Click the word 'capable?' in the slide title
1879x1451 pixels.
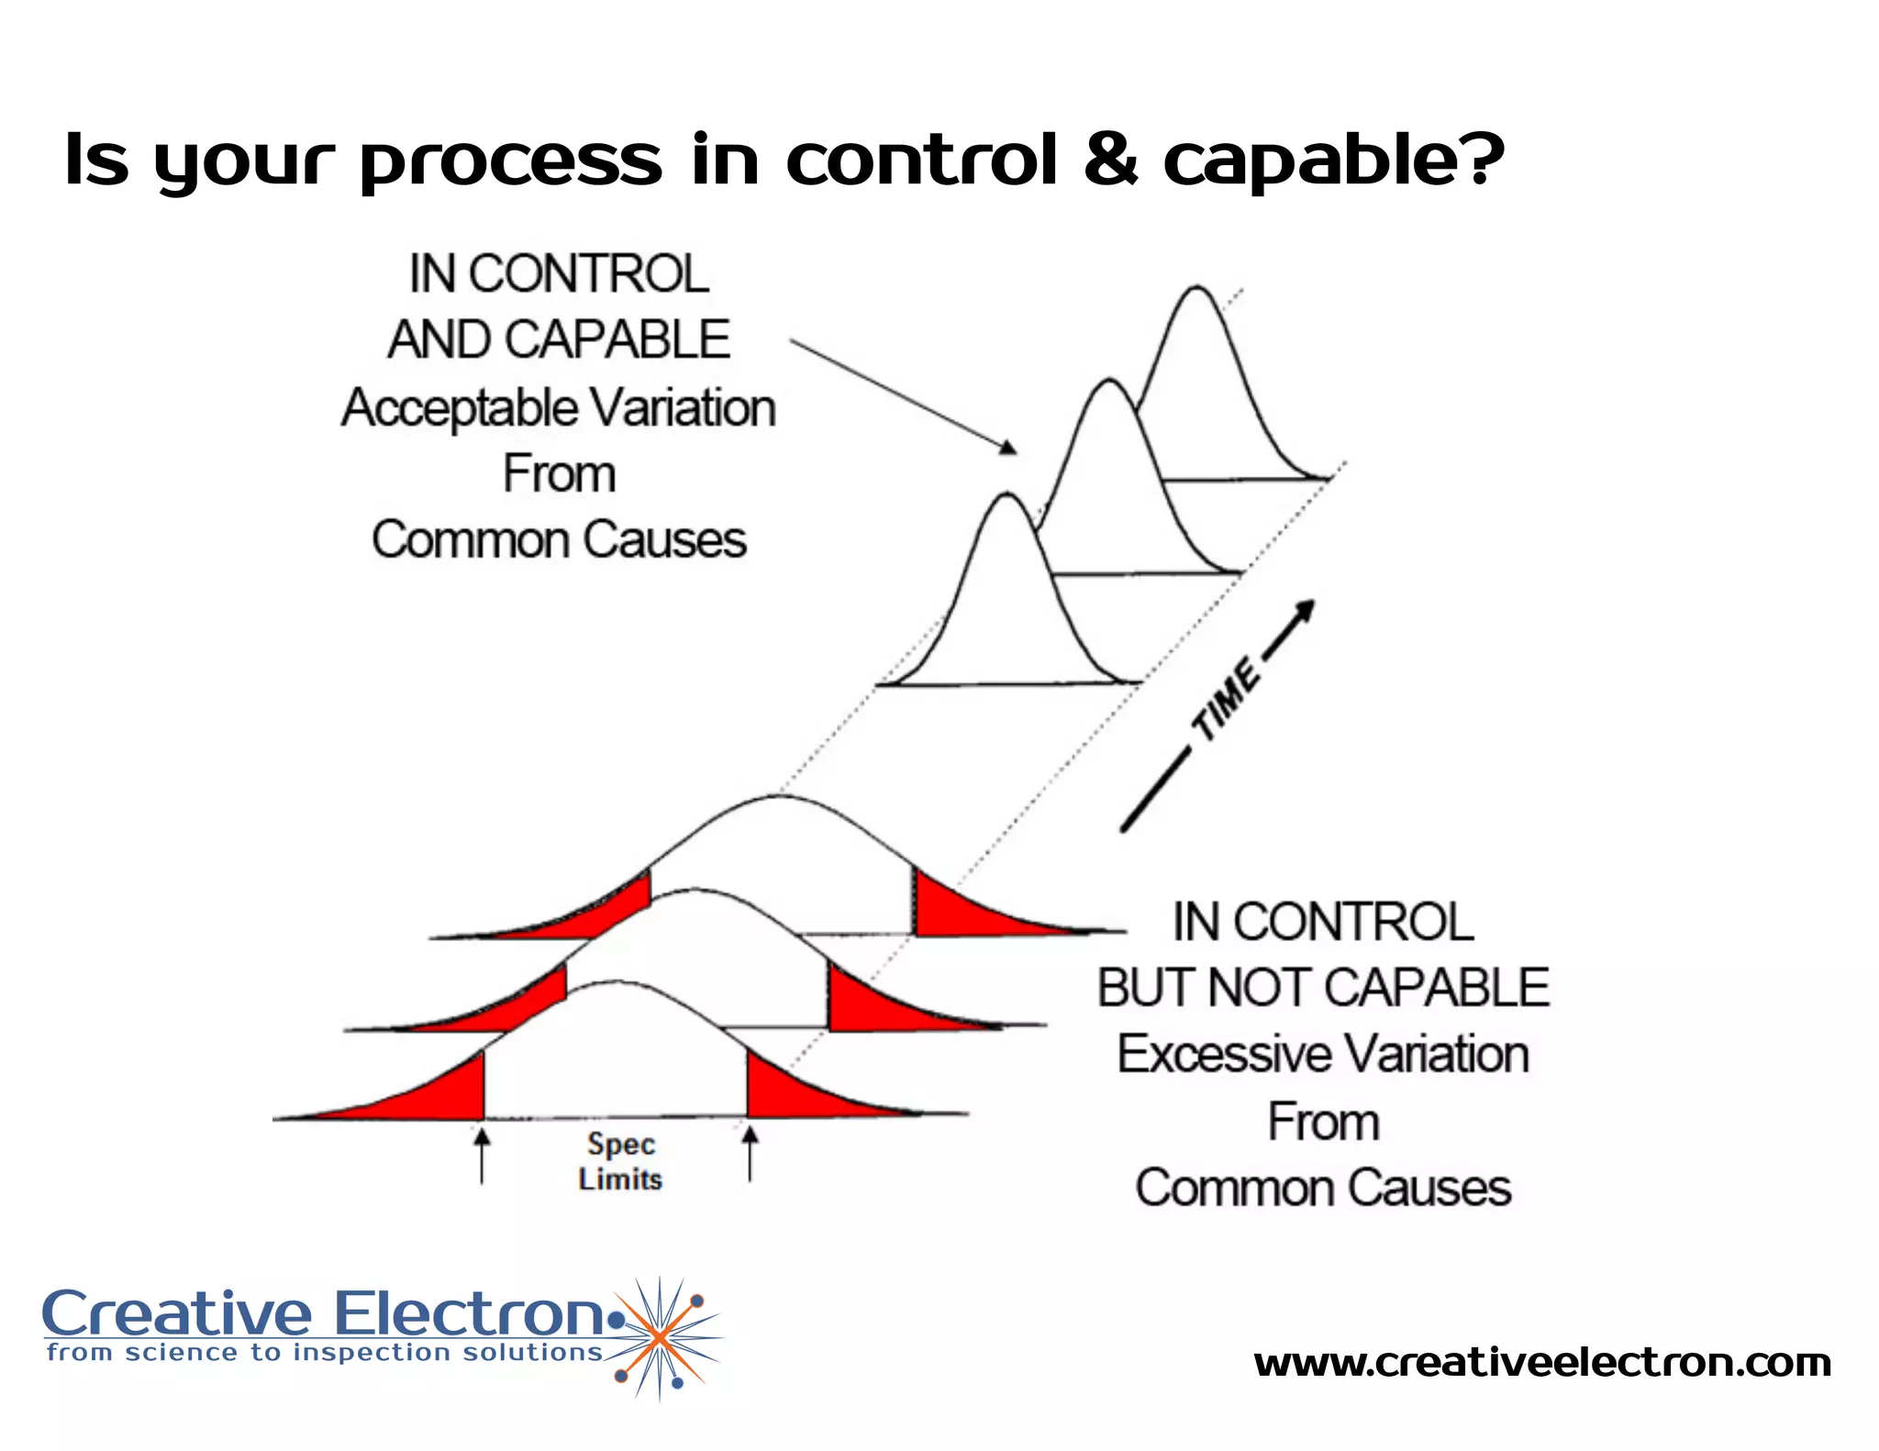[x=1332, y=161]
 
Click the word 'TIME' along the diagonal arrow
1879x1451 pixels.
[x=1228, y=700]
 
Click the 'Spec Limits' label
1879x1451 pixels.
[x=620, y=1161]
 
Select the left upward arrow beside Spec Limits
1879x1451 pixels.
[x=482, y=1156]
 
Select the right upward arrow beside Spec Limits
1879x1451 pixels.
[x=750, y=1154]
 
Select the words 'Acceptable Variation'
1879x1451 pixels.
[x=558, y=407]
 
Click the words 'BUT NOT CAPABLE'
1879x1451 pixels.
[x=1322, y=988]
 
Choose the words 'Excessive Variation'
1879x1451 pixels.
[x=1322, y=1054]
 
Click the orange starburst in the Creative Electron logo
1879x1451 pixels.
[x=659, y=1339]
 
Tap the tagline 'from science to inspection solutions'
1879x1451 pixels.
[x=325, y=1353]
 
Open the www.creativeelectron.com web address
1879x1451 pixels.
[x=1541, y=1363]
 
